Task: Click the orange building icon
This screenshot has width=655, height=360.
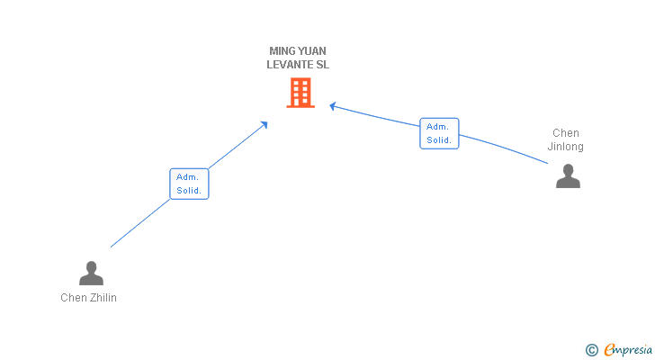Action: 301,93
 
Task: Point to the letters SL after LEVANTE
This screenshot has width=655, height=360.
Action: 322,65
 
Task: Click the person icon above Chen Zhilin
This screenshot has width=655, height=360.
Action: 91,273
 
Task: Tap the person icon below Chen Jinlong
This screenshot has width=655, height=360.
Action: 568,175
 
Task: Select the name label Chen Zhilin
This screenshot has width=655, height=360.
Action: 88,298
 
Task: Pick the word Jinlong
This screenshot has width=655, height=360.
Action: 566,147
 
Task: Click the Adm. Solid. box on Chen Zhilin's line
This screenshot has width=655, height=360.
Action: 189,184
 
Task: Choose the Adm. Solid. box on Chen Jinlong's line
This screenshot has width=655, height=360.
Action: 439,133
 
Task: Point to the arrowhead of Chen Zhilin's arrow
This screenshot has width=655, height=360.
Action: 264,124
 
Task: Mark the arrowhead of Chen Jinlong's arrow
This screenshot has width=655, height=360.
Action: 333,106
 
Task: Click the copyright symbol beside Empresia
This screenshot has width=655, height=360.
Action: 591,350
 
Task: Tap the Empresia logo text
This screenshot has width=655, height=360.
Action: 628,350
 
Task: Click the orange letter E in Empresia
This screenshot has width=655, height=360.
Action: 609,349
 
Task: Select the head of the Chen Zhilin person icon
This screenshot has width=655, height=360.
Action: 91,267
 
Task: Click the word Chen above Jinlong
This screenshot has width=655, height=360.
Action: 566,133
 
